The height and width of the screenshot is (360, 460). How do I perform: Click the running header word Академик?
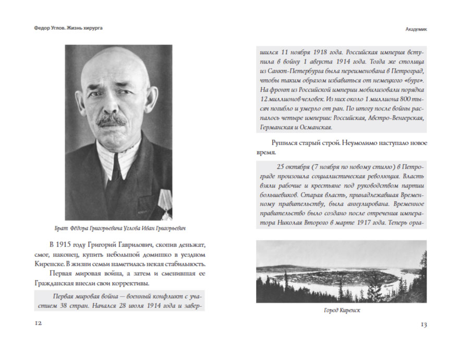[x=416, y=29]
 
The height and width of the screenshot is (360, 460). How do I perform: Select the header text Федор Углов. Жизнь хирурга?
[x=65, y=28]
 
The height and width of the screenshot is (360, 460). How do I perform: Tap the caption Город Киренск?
[x=341, y=311]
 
